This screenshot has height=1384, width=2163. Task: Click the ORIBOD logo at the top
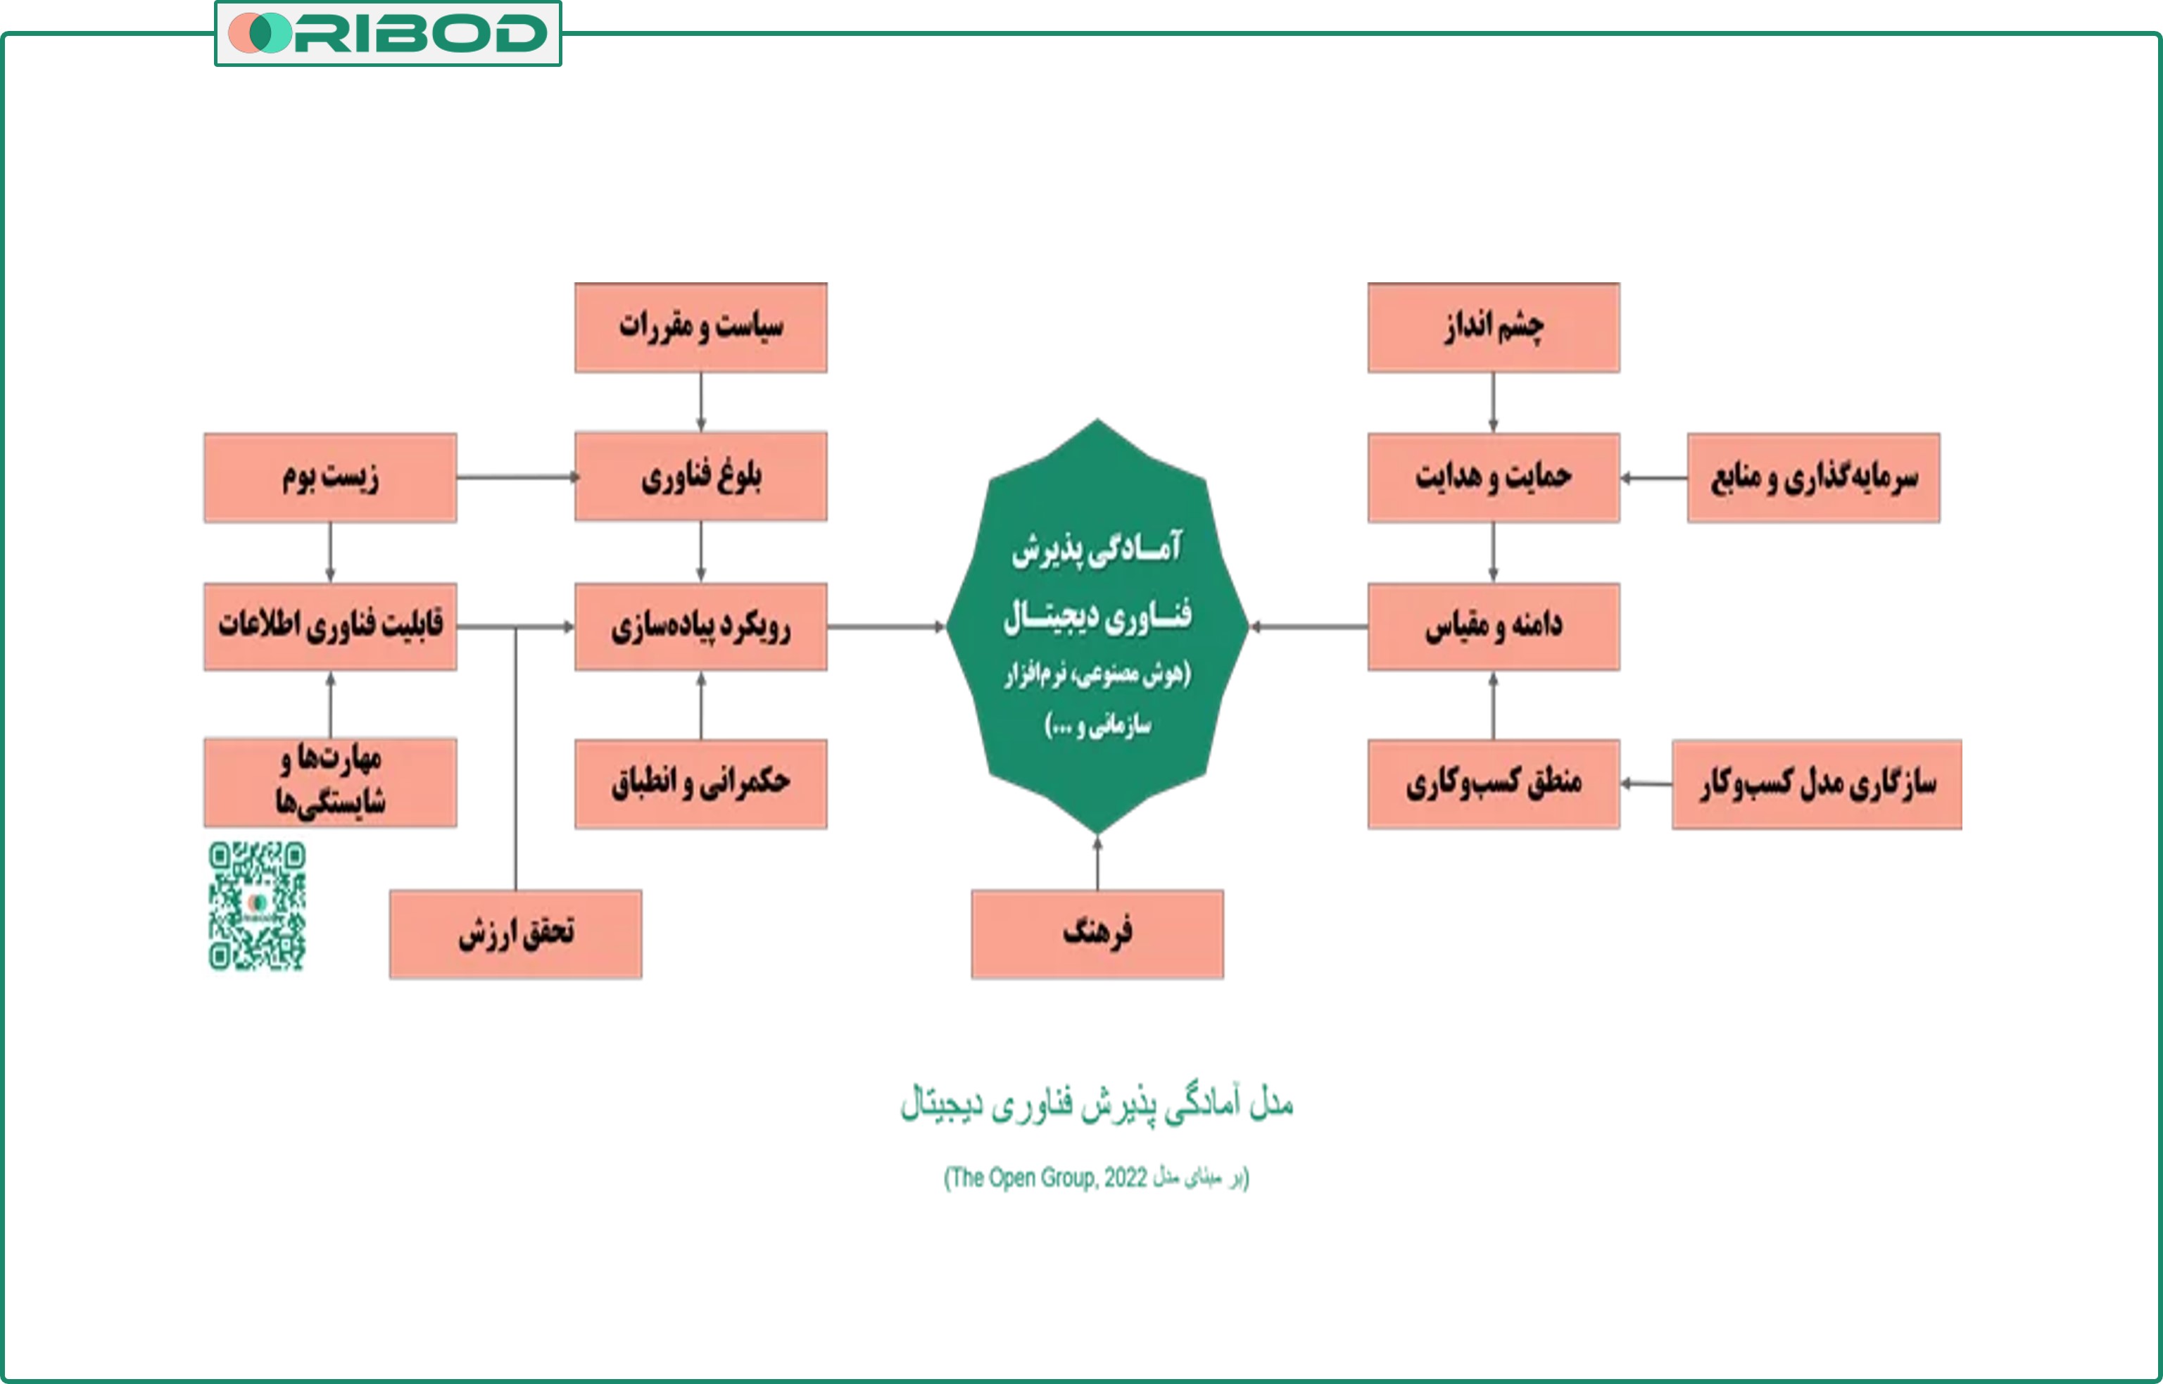tap(387, 33)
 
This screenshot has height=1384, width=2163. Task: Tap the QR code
tap(257, 905)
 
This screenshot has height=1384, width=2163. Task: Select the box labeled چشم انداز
tap(1493, 327)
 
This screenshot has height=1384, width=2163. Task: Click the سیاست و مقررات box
tap(700, 327)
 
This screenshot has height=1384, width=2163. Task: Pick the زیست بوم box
tap(330, 477)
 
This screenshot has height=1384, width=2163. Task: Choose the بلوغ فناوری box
tap(700, 477)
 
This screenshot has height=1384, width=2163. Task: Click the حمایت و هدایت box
tap(1493, 477)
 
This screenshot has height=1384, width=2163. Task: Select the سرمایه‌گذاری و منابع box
tap(1812, 477)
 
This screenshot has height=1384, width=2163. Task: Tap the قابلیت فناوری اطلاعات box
tap(330, 627)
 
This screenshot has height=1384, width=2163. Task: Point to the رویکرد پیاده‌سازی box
tap(700, 627)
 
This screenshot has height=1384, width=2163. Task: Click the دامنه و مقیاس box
tap(1493, 627)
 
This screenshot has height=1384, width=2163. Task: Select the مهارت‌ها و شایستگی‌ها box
tap(330, 782)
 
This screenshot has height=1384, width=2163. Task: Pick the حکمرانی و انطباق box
tap(700, 783)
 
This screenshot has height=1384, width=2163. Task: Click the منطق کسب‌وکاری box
tap(1493, 784)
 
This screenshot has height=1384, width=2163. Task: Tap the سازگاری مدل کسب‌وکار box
tap(1815, 784)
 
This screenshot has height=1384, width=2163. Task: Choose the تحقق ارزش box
tap(515, 933)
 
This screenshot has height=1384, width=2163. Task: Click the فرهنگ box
tap(1097, 933)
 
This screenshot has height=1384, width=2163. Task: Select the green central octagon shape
tap(1097, 627)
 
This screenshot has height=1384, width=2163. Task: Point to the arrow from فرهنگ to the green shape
tap(1097, 863)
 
